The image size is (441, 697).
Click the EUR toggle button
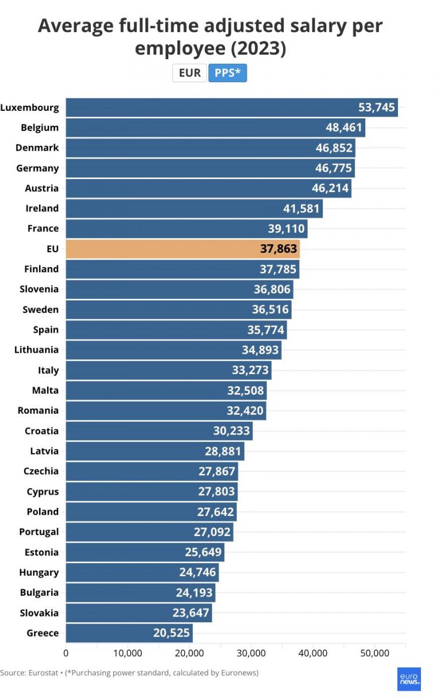pyautogui.click(x=189, y=73)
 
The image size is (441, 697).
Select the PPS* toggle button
pyautogui.click(x=227, y=73)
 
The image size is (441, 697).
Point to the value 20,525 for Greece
pyautogui.click(x=171, y=633)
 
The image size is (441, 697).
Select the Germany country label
pyautogui.click(x=37, y=168)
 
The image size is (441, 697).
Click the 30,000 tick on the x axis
pyautogui.click(x=251, y=653)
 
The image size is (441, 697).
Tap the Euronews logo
pyautogui.click(x=409, y=679)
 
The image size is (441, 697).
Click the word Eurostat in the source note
pyautogui.click(x=42, y=672)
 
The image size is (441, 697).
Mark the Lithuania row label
pyautogui.click(x=36, y=350)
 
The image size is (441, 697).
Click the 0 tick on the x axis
pyautogui.click(x=66, y=653)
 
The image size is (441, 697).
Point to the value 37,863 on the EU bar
pyautogui.click(x=278, y=249)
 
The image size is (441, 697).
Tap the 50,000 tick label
pyautogui.click(x=374, y=653)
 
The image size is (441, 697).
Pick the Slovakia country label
pyautogui.click(x=39, y=613)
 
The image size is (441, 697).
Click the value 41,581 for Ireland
pyautogui.click(x=301, y=209)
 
